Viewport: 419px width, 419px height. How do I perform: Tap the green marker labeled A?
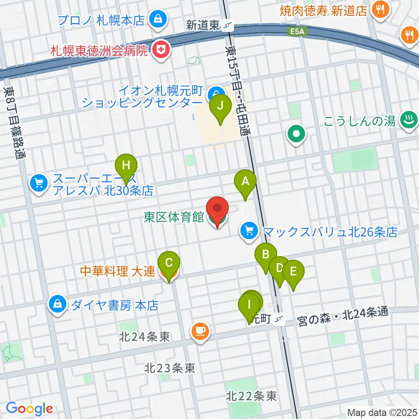tap(245, 181)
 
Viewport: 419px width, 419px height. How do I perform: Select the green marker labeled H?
tap(126, 166)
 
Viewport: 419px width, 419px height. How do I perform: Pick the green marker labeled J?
tap(223, 106)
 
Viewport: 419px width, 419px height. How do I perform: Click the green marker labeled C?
tap(169, 263)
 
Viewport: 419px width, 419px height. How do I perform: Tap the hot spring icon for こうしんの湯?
tap(408, 121)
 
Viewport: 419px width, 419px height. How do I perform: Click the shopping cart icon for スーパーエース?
tap(39, 183)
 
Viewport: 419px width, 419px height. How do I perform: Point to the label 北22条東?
tap(251, 396)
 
